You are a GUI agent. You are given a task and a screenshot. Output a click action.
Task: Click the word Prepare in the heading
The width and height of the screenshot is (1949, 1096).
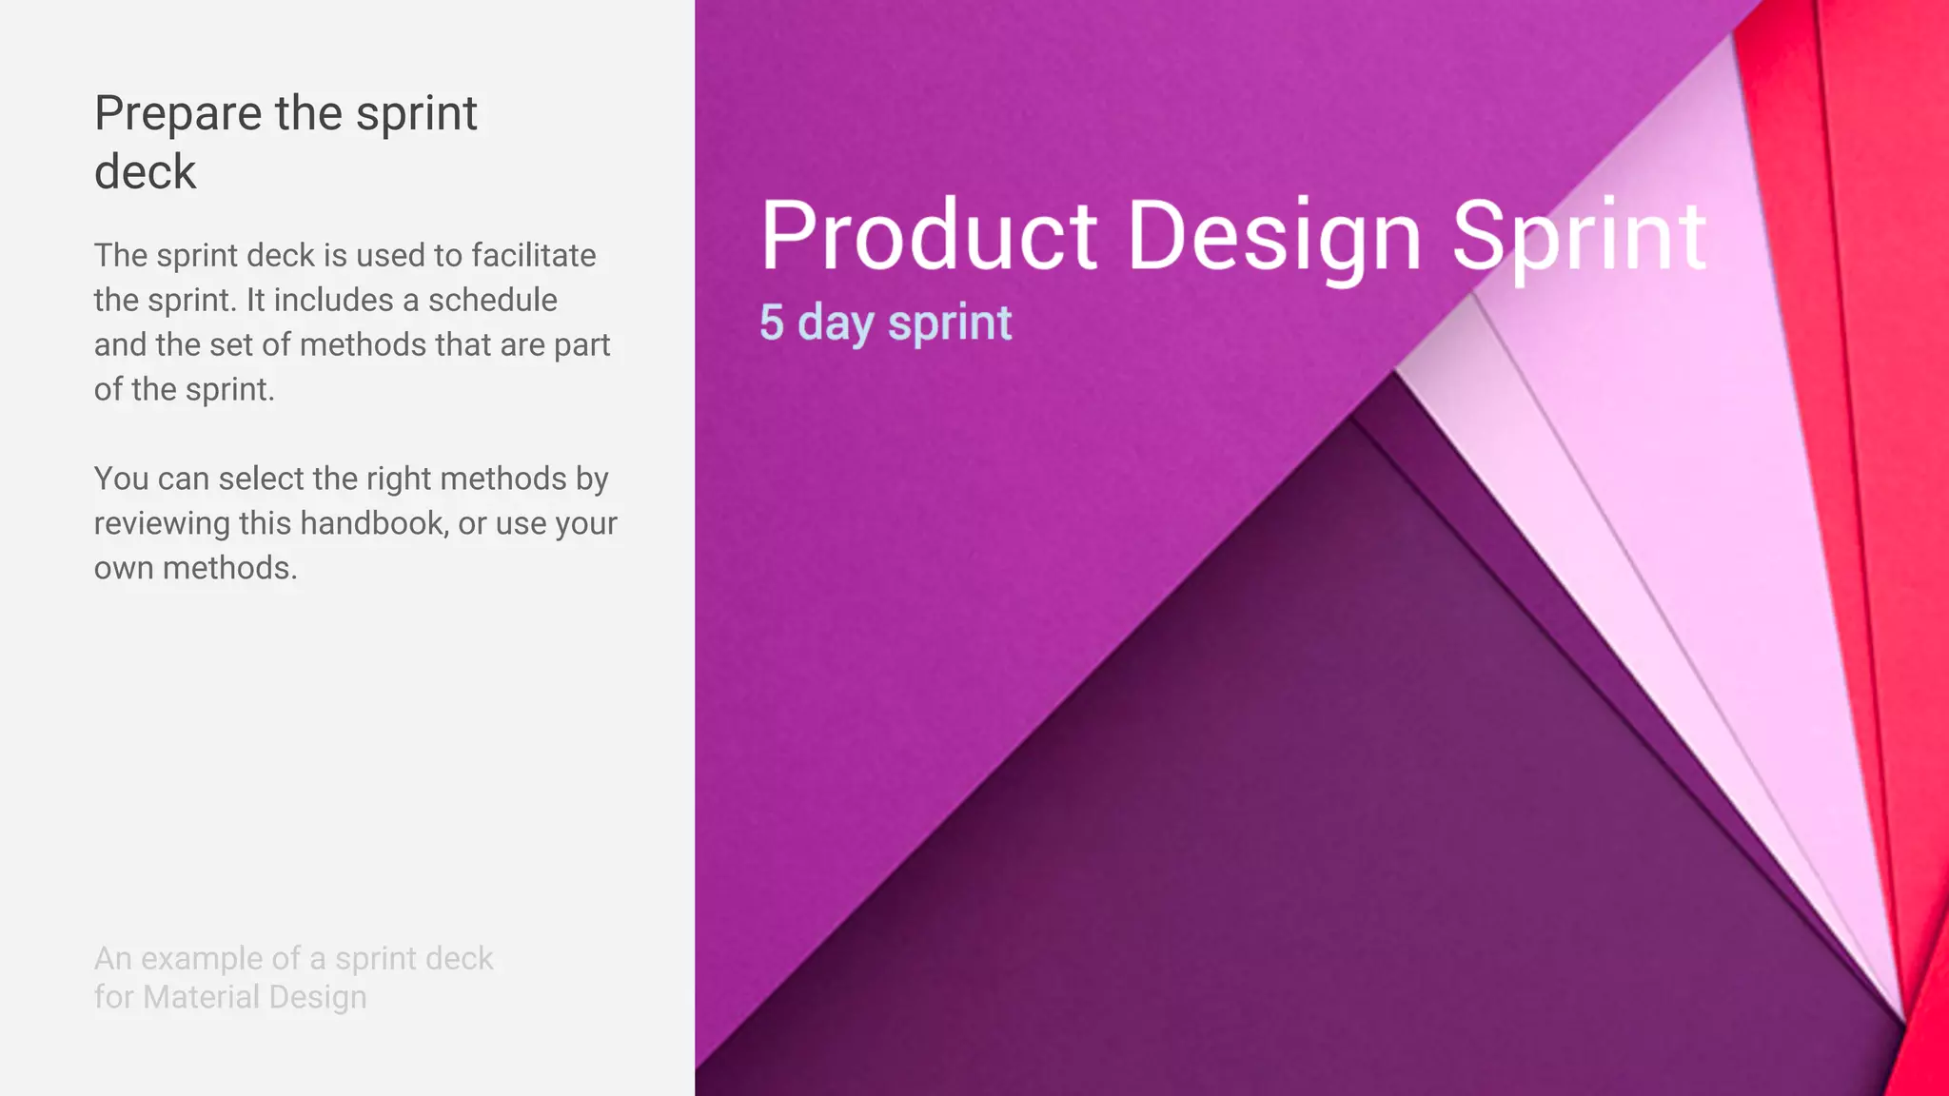(178, 114)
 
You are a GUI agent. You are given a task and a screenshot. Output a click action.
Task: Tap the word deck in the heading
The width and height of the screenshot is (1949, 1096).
(145, 172)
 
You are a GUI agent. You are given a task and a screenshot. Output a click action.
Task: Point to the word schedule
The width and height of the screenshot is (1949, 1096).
(492, 300)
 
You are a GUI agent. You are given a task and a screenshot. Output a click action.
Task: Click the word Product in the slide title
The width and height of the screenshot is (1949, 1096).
(929, 235)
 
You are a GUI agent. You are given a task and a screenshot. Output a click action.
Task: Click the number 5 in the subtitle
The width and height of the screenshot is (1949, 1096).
(771, 323)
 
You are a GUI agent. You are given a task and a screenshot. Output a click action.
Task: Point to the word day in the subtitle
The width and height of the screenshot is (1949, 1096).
(836, 324)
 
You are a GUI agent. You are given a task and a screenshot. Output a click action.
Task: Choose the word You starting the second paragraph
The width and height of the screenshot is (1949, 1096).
(121, 479)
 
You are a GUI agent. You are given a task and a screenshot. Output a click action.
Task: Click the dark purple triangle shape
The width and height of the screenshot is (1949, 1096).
(1332, 809)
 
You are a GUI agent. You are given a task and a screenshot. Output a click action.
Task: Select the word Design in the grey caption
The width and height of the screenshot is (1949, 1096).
(318, 997)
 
